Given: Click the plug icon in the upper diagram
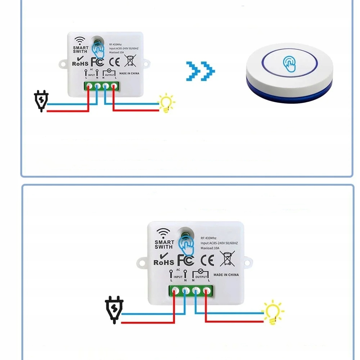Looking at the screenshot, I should click(41, 101).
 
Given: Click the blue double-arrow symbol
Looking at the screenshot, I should click(201, 71).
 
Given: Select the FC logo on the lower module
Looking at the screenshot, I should click(185, 260).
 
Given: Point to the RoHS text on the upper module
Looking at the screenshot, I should click(80, 63).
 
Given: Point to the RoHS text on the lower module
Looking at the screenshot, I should click(164, 262).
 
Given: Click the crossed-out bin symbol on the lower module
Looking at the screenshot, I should click(227, 258).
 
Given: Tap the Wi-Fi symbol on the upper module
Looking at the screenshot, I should click(80, 40).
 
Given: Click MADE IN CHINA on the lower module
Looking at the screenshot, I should click(226, 275).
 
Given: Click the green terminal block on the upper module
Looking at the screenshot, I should click(101, 86).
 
